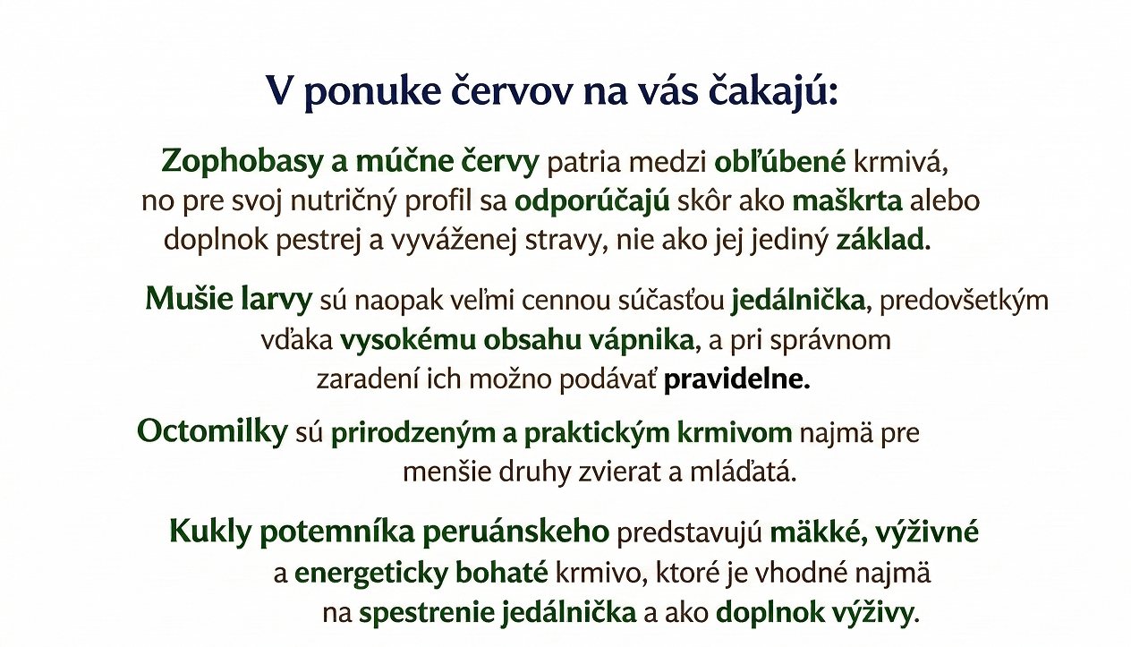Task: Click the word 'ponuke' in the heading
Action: pos(373,93)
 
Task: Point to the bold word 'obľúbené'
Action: pos(780,162)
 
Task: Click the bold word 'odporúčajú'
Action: pos(591,201)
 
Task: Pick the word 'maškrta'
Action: pos(847,200)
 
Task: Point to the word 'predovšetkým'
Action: pos(964,301)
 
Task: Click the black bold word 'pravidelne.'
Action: pos(737,379)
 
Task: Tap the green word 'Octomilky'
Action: pos(212,432)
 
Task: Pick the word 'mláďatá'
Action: pos(740,472)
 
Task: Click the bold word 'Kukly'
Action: pos(210,532)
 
